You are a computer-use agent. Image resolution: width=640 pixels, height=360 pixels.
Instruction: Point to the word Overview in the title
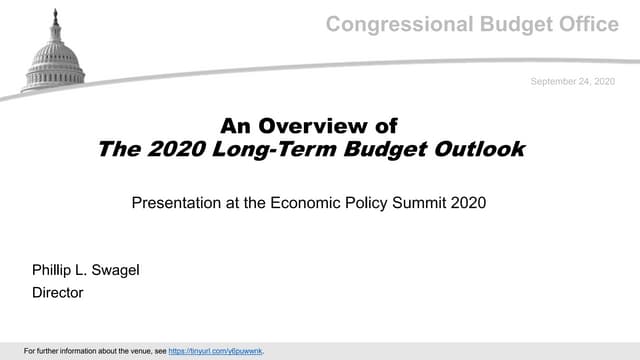(322, 126)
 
